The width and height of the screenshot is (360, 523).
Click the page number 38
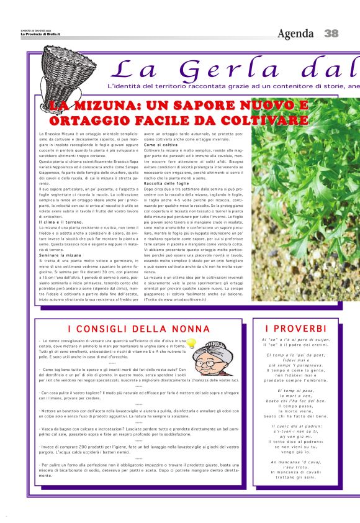[331, 33]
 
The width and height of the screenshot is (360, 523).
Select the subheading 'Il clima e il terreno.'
[61, 221]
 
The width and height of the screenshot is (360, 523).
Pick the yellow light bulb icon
[192, 343]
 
